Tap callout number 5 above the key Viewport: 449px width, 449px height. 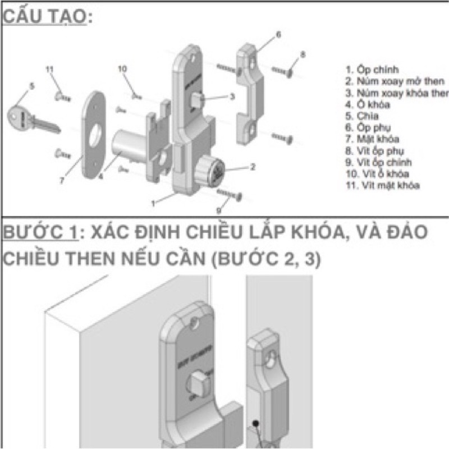pos(32,86)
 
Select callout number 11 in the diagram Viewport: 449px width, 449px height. pos(49,69)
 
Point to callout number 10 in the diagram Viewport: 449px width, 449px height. pos(123,68)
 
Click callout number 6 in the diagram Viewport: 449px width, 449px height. pos(278,35)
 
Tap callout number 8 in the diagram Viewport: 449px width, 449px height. pos(303,54)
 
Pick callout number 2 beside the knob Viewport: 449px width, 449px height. pos(253,166)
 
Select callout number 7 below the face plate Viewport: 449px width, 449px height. pos(62,181)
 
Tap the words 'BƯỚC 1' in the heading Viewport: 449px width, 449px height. pos(39,233)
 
